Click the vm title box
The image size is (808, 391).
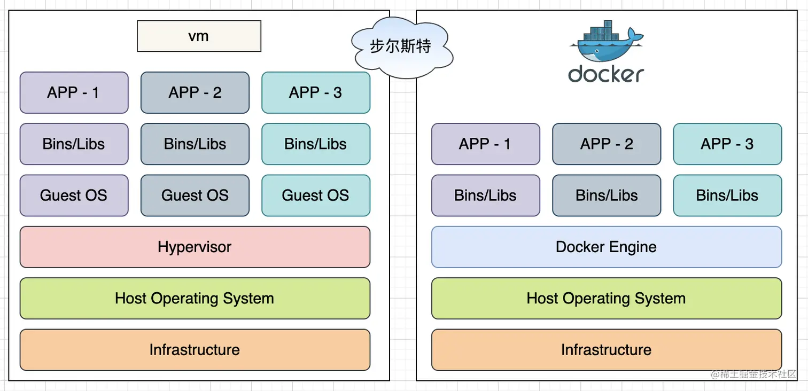click(199, 36)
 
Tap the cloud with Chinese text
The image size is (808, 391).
click(401, 46)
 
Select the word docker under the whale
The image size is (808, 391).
click(606, 74)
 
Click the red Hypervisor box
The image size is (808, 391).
click(195, 247)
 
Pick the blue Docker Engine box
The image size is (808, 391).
click(606, 247)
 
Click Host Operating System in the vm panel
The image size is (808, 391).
click(195, 298)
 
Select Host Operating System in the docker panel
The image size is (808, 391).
click(606, 298)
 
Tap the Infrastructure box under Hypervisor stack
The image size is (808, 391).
click(195, 350)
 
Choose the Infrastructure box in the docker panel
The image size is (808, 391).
click(606, 350)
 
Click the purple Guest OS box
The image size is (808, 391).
click(74, 195)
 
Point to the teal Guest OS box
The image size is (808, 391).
click(315, 195)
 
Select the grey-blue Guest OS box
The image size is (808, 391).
click(195, 195)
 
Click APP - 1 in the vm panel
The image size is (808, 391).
click(74, 92)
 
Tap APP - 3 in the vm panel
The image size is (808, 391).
click(315, 92)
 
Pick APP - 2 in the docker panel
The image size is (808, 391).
click(606, 144)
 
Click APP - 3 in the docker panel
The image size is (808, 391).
click(727, 144)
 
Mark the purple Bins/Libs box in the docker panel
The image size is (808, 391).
click(485, 195)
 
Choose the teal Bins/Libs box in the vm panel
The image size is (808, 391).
click(315, 144)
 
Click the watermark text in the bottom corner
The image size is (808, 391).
click(753, 374)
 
